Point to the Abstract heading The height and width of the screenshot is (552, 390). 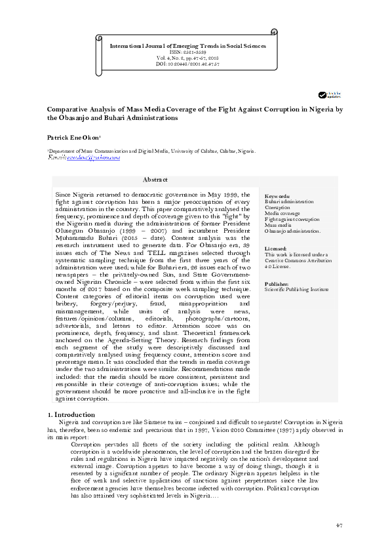(x=155, y=180)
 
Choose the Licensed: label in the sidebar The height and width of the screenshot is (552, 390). (x=275, y=249)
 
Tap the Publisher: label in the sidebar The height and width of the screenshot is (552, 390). (x=277, y=283)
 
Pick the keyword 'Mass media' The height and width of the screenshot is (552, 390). (x=279, y=225)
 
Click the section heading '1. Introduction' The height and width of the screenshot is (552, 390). (x=73, y=415)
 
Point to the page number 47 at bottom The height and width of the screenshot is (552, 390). (x=339, y=526)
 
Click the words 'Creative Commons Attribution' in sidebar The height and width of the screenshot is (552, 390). (x=295, y=261)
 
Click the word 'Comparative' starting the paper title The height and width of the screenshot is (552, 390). (x=68, y=109)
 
